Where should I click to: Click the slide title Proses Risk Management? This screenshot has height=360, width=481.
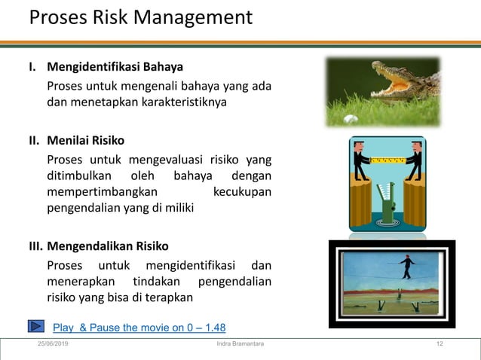pos(141,17)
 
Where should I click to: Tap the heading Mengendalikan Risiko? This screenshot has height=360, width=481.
pos(108,246)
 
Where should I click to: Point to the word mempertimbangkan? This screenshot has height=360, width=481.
pos(97,191)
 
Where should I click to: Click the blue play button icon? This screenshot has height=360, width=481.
pos(37,326)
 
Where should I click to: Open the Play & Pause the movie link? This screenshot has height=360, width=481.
pos(139,327)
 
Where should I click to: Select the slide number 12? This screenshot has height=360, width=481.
pos(439,344)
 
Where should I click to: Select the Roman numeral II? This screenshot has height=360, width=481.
pos(34,140)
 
